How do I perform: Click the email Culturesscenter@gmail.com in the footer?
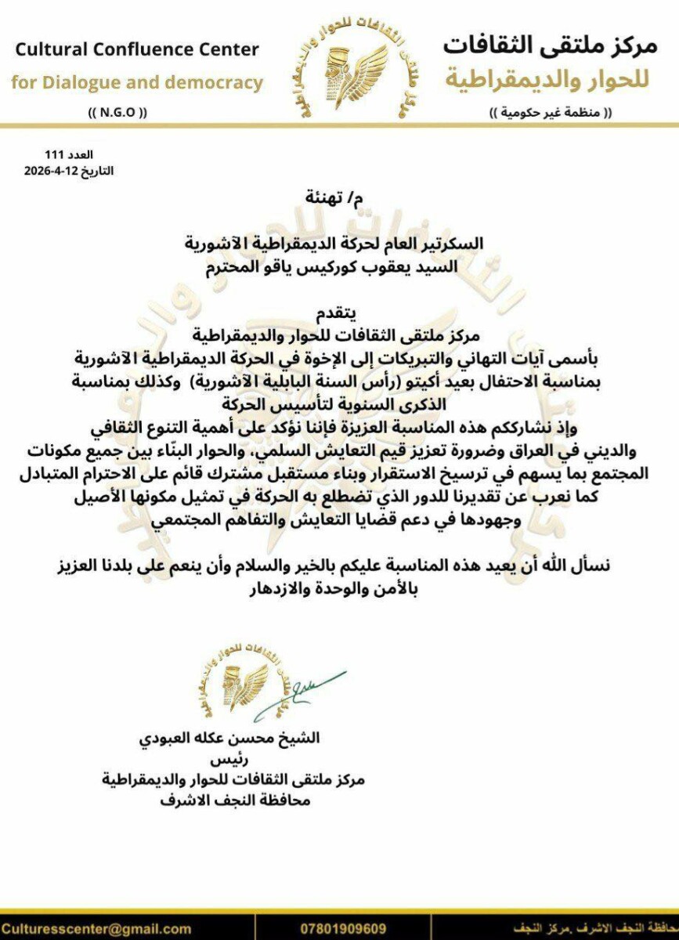tap(96, 929)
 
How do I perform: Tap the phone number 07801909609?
tap(343, 929)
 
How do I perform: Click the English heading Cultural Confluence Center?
tap(138, 50)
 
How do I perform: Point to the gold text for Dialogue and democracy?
tap(137, 82)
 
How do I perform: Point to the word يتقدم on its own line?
tap(339, 315)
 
